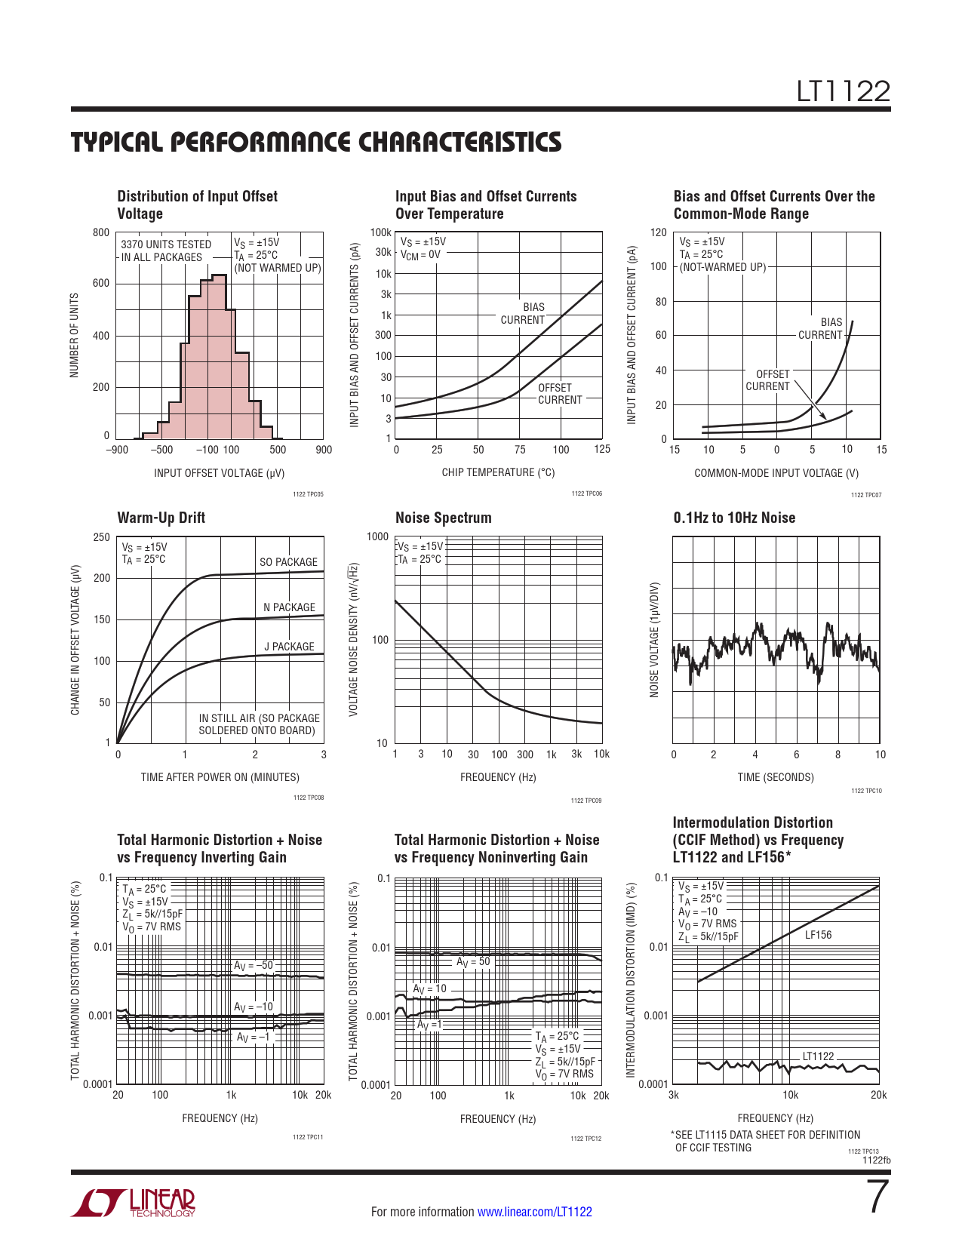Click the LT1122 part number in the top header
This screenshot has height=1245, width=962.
coord(844,92)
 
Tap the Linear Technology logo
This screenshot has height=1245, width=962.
coord(133,1203)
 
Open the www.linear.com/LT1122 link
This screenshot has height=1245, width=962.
coord(534,1212)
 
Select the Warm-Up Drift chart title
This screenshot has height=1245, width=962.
coord(161,518)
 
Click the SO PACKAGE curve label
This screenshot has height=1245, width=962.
coord(288,562)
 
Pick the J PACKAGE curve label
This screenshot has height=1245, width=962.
coord(289,647)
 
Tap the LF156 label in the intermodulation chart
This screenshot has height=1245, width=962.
coord(818,935)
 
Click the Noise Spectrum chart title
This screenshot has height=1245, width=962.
coord(443,518)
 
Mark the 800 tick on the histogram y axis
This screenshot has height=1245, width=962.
coord(101,232)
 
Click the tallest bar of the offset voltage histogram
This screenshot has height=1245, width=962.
coord(219,355)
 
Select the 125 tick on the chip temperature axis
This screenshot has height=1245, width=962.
coord(601,449)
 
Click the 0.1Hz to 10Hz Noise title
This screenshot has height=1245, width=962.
coord(734,518)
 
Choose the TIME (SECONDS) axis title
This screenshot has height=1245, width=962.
coord(776,777)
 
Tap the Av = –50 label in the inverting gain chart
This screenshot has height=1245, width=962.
coord(254,965)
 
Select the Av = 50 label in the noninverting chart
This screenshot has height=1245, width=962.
coord(473,961)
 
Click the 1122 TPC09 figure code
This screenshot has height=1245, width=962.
coord(586,801)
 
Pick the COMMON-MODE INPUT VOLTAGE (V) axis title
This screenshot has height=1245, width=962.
coord(776,473)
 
